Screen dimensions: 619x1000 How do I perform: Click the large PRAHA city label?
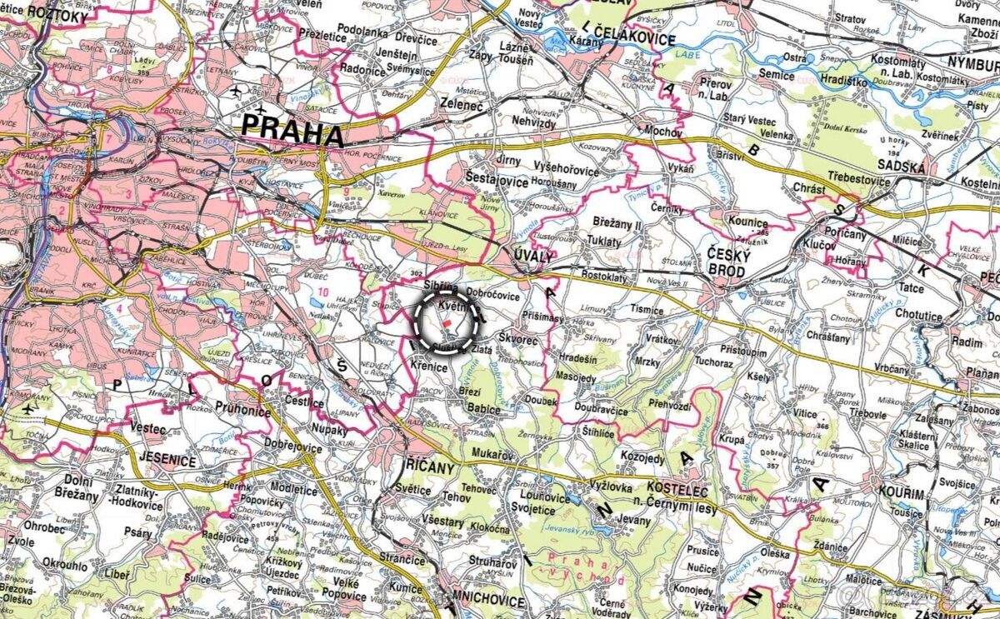[292, 132]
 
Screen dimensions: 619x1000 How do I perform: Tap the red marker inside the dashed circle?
[447, 322]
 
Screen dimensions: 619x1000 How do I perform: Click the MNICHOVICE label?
[487, 601]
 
